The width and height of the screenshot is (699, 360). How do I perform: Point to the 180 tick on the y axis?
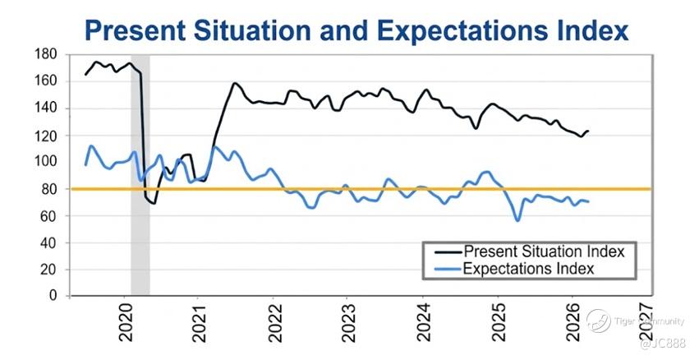pyautogui.click(x=45, y=54)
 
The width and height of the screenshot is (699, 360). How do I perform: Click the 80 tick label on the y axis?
pyautogui.click(x=49, y=189)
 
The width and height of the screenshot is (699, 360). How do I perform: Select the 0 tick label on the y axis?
pyautogui.click(x=53, y=296)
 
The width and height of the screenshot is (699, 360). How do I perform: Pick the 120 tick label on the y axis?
pyautogui.click(x=45, y=136)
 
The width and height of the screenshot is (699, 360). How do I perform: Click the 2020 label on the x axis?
pyautogui.click(x=126, y=322)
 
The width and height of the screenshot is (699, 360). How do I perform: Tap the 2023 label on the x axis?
pyautogui.click(x=348, y=322)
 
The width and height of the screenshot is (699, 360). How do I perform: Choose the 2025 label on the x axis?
pyautogui.click(x=498, y=322)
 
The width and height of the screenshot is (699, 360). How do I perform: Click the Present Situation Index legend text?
pyautogui.click(x=545, y=252)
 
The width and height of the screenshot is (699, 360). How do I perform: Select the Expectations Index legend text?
pyautogui.click(x=529, y=269)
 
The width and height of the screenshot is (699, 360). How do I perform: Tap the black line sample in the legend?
pyautogui.click(x=448, y=252)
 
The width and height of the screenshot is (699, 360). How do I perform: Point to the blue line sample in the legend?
pyautogui.click(x=448, y=269)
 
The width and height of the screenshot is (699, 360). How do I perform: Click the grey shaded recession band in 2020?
pyautogui.click(x=140, y=175)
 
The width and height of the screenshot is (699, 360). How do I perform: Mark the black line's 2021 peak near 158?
pyautogui.click(x=234, y=83)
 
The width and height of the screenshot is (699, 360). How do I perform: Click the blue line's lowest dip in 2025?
pyautogui.click(x=517, y=220)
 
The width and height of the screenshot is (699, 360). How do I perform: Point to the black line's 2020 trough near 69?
pyautogui.click(x=154, y=203)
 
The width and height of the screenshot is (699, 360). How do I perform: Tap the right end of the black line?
pyautogui.click(x=588, y=131)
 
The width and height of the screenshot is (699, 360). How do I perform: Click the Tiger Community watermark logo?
pyautogui.click(x=598, y=321)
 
